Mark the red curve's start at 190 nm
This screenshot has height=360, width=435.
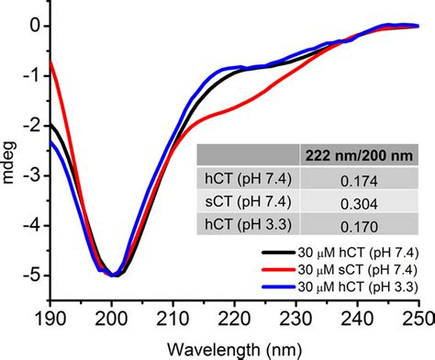(x=51, y=62)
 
